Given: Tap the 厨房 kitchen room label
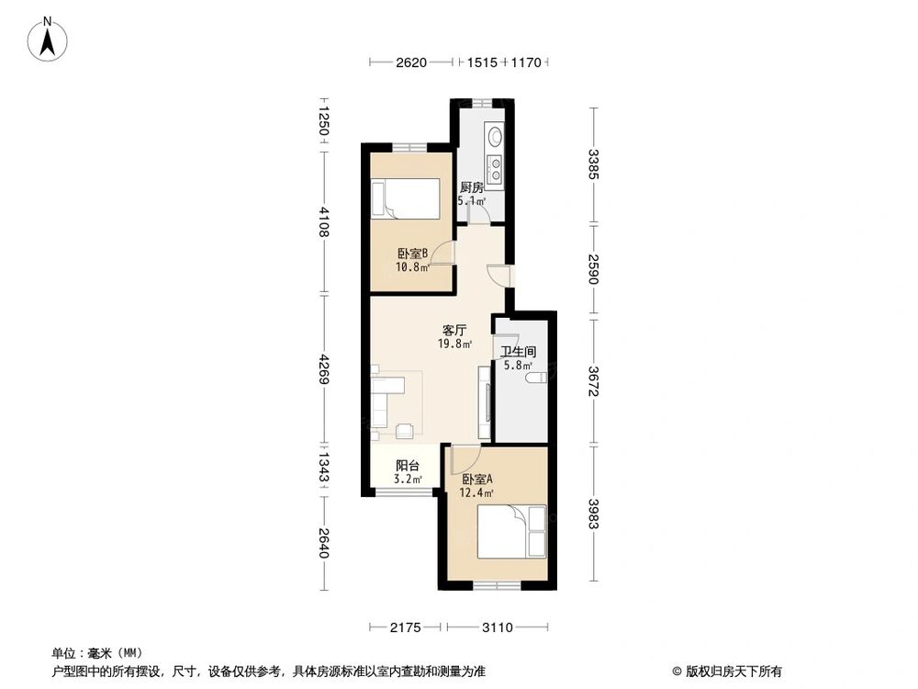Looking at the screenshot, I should pos(471,187).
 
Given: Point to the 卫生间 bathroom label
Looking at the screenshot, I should pos(518,352).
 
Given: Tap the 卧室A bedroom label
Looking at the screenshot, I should pos(477,480).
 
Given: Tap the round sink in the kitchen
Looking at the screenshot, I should pos(496,138).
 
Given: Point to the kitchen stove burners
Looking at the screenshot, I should pos(496,170).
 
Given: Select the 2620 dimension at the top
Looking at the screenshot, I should pos(411,62).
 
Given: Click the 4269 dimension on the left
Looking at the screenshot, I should pos(322,371).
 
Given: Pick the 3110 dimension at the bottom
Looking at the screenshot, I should pos(498,627).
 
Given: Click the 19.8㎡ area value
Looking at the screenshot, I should pos(455,344).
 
